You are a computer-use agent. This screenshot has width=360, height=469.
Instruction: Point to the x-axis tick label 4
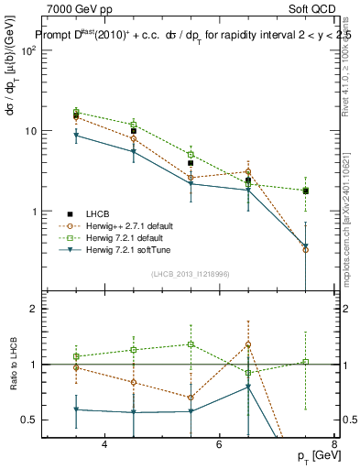(x=104, y=444)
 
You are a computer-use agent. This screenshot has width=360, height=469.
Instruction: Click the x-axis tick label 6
(x=219, y=444)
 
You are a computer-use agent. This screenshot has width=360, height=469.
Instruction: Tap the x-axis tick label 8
(x=333, y=444)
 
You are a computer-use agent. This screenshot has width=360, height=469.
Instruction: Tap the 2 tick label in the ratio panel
(x=41, y=309)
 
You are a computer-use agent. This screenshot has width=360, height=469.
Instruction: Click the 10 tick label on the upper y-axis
(x=38, y=131)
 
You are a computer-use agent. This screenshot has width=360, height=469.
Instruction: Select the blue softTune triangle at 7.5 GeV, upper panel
(x=305, y=246)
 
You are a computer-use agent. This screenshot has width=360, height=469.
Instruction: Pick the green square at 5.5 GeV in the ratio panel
(x=191, y=344)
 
